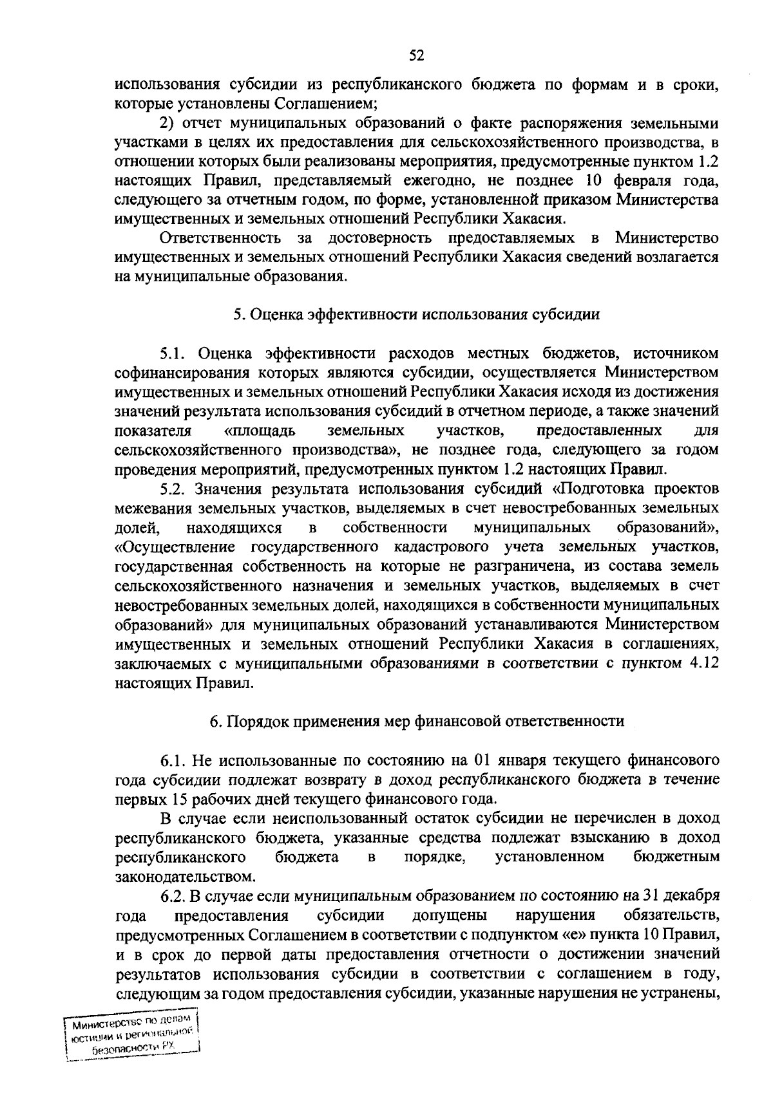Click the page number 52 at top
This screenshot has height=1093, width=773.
coord(416,57)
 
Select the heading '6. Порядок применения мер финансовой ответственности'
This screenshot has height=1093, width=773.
coord(417,721)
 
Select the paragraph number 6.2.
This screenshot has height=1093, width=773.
coord(173,896)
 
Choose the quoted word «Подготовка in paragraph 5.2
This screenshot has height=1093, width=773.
coord(602,489)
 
